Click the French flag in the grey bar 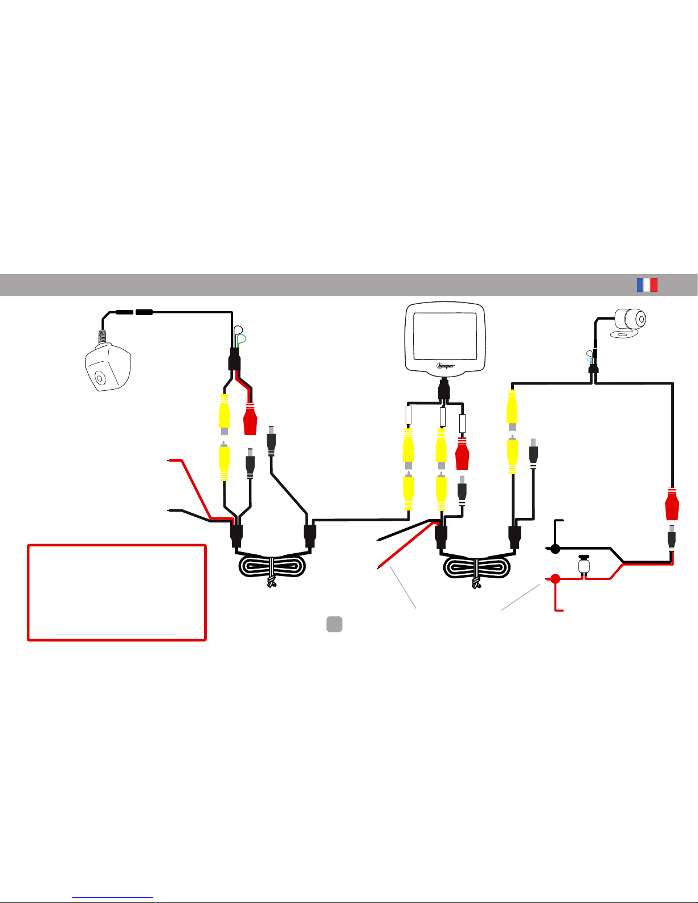pyautogui.click(x=647, y=285)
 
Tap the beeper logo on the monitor pyautogui.click(x=446, y=366)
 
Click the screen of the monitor pyautogui.click(x=445, y=336)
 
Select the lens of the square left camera pyautogui.click(x=100, y=378)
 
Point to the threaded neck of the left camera pyautogui.click(x=102, y=337)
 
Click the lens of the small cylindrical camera pyautogui.click(x=642, y=319)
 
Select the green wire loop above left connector pyautogui.click(x=241, y=340)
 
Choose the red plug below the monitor pyautogui.click(x=462, y=453)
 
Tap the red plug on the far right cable pyautogui.click(x=672, y=504)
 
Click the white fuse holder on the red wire pyautogui.click(x=584, y=565)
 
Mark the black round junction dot pyautogui.click(x=555, y=549)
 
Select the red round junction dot pyautogui.click(x=556, y=578)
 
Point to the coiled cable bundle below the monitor pyautogui.click(x=476, y=567)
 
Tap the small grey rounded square pyautogui.click(x=334, y=624)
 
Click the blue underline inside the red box pyautogui.click(x=116, y=635)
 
